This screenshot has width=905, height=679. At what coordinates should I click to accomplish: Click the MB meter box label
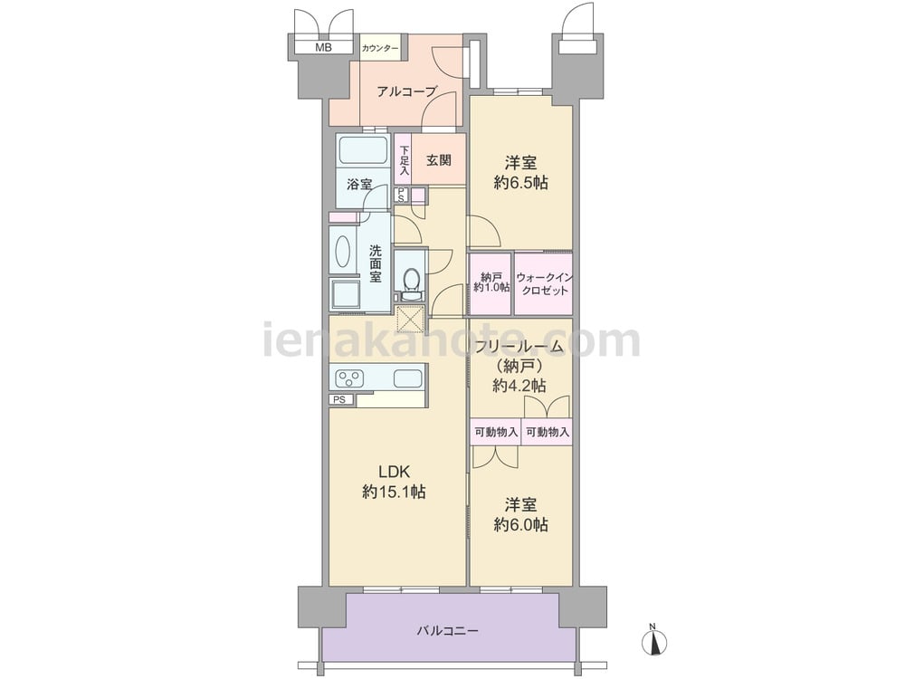point(324,48)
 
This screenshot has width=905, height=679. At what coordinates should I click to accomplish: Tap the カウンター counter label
point(380,49)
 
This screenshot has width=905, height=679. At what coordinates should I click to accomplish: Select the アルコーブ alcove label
point(406,91)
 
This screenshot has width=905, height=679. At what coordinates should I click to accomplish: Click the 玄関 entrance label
point(439,160)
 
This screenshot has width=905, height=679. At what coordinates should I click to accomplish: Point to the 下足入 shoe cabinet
point(404,160)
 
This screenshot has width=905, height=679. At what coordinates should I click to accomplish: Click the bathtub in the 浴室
point(363,151)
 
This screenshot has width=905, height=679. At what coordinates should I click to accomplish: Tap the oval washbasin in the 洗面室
point(342,253)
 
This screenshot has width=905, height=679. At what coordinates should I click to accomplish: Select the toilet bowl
point(411,282)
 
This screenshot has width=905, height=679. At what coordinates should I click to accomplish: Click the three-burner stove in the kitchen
point(349,378)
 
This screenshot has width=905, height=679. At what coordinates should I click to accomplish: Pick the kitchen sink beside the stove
point(408,378)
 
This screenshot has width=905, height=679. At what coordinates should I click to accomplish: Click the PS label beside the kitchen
point(339,399)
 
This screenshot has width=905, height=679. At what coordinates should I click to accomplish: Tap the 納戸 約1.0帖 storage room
point(491,283)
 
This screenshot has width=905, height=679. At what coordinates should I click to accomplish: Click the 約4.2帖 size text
point(519,385)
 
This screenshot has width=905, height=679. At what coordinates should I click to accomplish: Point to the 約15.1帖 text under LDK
point(395,492)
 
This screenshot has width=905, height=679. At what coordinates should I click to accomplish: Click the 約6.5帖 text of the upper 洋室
point(520,183)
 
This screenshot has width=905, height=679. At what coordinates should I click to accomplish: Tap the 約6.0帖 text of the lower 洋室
point(520,525)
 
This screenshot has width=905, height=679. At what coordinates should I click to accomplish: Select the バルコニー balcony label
point(448,630)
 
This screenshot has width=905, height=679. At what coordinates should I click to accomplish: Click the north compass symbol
point(654,641)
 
